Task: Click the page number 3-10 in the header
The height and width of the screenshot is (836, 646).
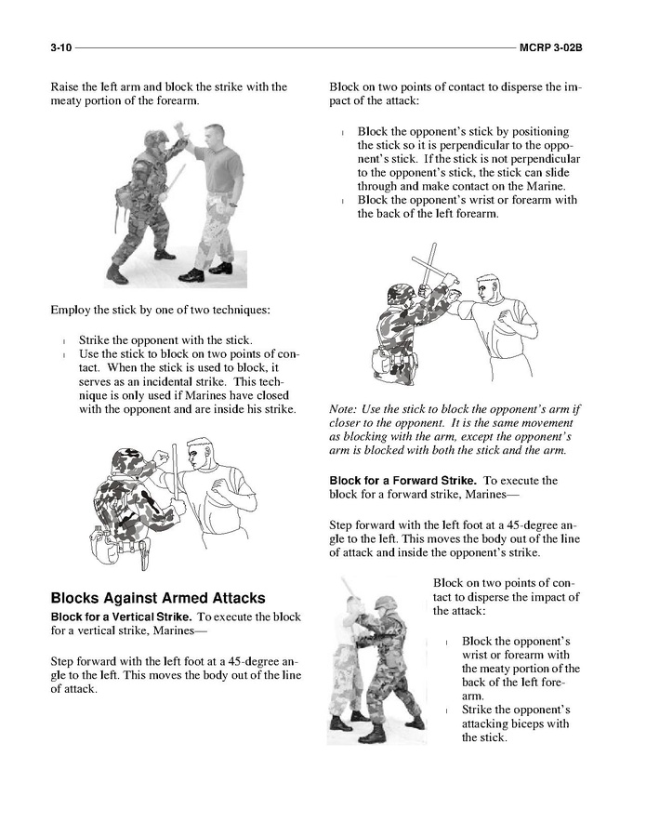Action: pos(61,46)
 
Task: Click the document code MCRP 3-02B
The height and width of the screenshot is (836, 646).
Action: pos(557,46)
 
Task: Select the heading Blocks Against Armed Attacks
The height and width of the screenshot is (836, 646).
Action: pos(157,598)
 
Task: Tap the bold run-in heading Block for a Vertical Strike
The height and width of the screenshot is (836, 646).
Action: pos(122,617)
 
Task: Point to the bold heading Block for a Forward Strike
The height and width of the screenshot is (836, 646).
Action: pos(403,481)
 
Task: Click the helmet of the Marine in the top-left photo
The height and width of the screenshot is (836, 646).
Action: pos(155,138)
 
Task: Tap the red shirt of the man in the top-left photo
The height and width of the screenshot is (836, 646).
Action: pos(218,167)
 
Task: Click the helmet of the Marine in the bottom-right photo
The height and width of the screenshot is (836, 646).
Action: pos(385,604)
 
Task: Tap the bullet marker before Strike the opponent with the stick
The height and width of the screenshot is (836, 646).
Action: pos(62,341)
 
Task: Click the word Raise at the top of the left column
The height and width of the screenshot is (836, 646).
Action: pos(66,87)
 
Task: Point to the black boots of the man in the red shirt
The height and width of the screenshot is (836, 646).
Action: pos(206,272)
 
